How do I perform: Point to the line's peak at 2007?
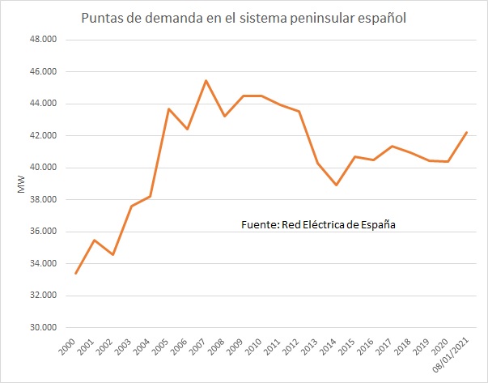pos(206,80)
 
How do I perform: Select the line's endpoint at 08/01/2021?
pos(467,132)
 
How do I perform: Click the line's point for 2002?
pos(112,255)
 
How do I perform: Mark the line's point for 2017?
pos(393,146)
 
